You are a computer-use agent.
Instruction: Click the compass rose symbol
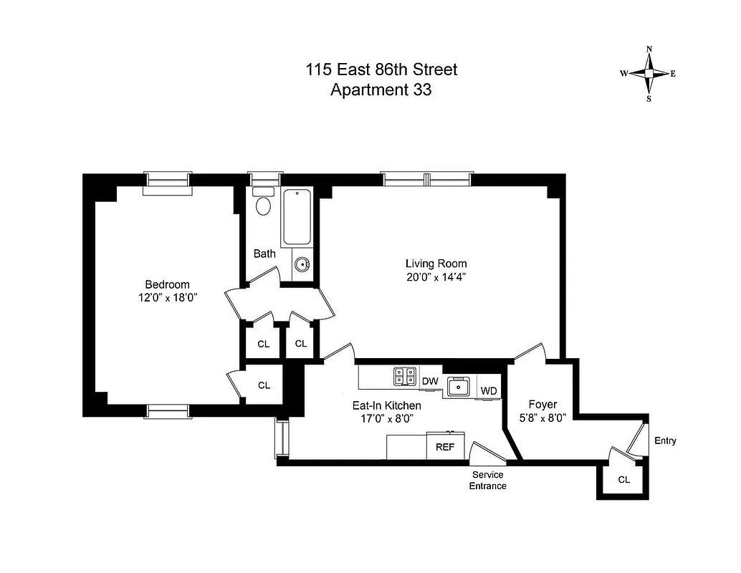pos(649,74)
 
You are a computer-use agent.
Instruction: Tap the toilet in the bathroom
pos(264,203)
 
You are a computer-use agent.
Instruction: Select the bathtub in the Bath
pos(297,218)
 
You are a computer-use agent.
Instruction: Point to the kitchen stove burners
pos(405,376)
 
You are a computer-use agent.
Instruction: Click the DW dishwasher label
pos(430,381)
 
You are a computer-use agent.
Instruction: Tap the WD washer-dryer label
pos(489,390)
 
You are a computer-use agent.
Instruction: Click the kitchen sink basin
pos(457,387)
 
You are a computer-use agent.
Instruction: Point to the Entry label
pos(665,440)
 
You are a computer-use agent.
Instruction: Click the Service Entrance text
pos(487,481)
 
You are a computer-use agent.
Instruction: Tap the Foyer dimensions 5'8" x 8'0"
pos(542,420)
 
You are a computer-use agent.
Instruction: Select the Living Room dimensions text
pos(436,276)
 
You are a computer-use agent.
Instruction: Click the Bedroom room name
pos(167,284)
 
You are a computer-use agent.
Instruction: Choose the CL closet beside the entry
pos(623,479)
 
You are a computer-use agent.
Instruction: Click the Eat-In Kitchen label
pos(386,405)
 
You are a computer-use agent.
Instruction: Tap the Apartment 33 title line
pos(381,90)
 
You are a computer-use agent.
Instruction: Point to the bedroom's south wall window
pos(168,410)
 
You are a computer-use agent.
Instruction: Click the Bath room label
pos(264,254)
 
